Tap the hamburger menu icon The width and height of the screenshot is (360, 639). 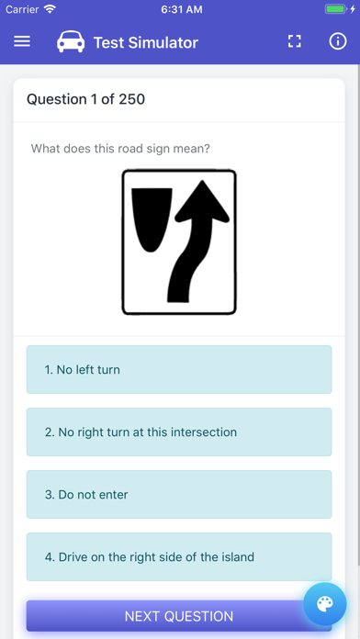coord(22,41)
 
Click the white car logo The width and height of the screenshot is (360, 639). coord(71,41)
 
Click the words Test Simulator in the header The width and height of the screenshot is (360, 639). coord(146,42)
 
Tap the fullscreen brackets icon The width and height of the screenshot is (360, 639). coord(295,41)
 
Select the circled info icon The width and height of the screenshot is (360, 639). coord(338,41)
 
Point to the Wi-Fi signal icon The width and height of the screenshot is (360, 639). coord(50,9)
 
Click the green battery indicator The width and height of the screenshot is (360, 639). coord(335,9)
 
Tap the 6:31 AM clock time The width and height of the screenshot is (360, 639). coord(182,9)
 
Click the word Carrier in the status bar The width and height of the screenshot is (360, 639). coord(23,9)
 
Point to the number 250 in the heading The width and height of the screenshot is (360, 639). coord(131,99)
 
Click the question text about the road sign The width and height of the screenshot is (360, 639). coord(120,148)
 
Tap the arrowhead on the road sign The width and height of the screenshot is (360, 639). coord(202,202)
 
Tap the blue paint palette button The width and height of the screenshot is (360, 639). coord(325,604)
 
